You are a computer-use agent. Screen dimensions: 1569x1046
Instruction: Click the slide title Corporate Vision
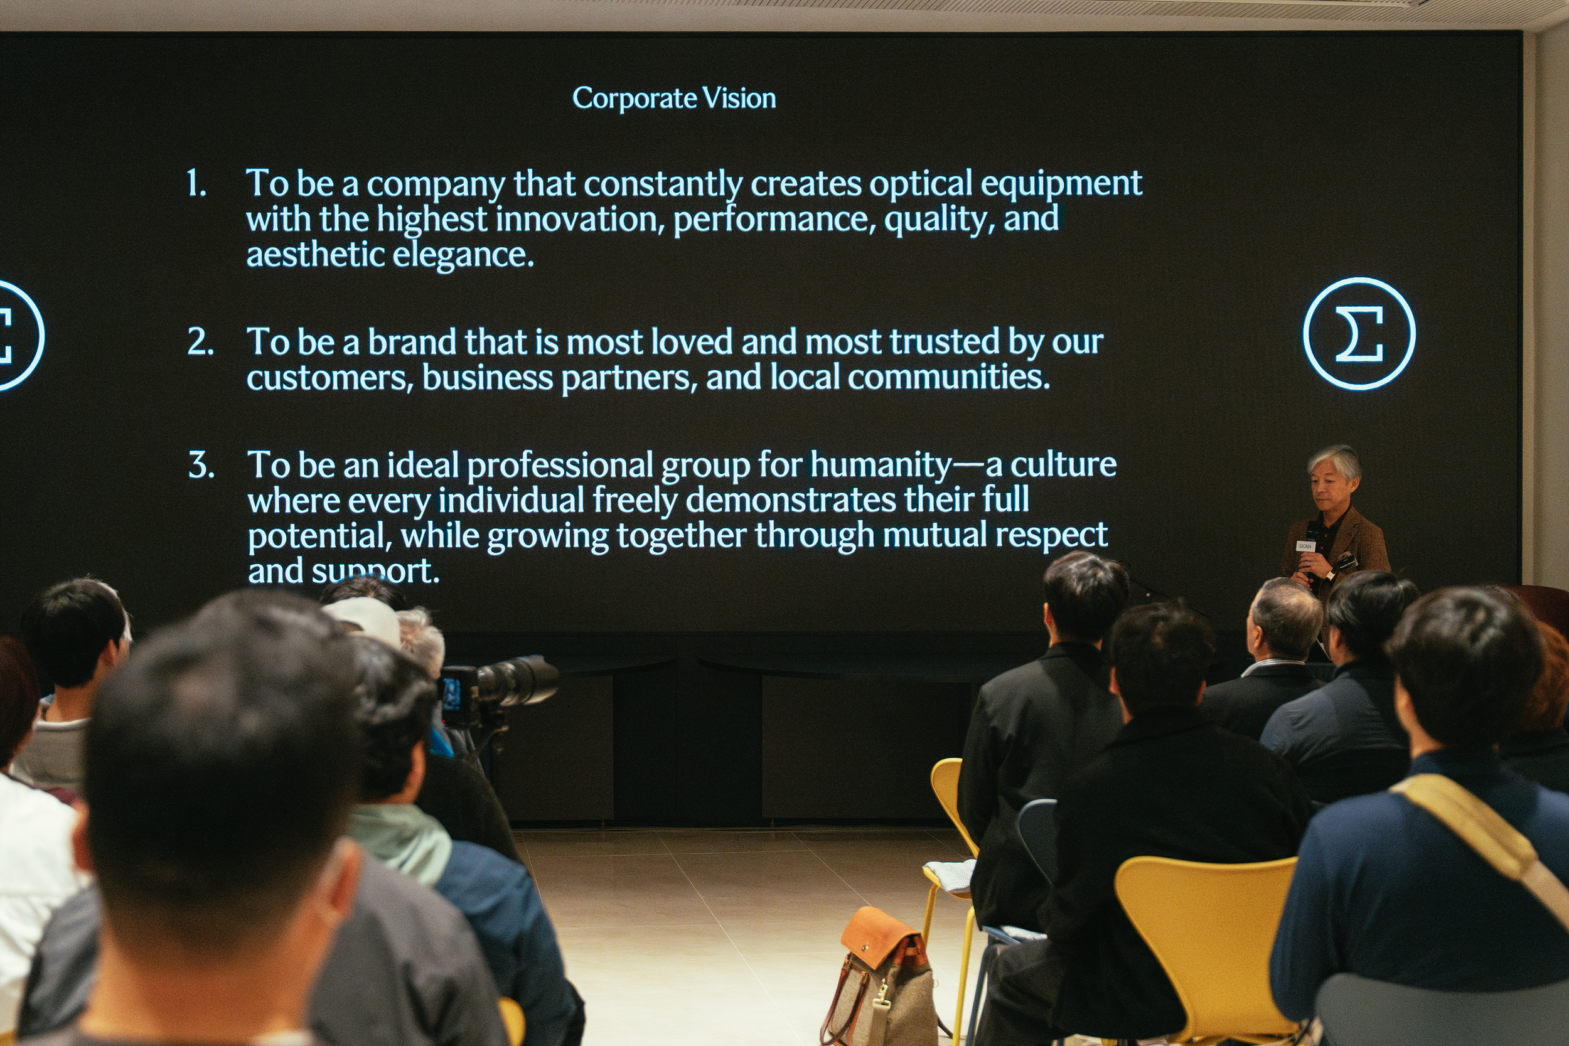point(674,99)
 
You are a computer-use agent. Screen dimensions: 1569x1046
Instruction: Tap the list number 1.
point(196,183)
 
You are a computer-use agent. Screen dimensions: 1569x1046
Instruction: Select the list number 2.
point(200,341)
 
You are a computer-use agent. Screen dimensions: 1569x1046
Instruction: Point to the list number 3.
point(201,465)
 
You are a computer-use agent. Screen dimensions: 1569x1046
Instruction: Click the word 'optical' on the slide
point(921,184)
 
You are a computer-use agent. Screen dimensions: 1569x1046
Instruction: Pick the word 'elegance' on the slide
point(463,255)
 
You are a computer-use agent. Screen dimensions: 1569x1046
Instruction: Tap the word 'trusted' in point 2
point(945,342)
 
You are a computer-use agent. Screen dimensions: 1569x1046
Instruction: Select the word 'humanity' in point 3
point(881,466)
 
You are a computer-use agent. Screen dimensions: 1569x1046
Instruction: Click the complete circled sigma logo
point(1359,334)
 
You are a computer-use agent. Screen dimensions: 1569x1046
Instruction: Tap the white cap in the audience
point(363,621)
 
